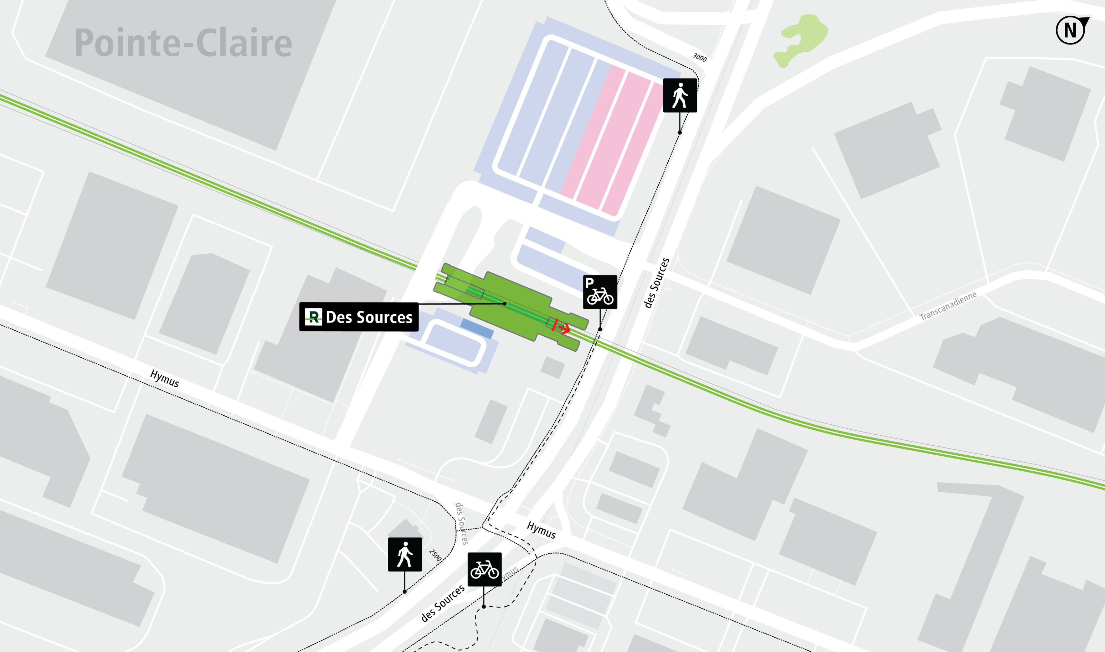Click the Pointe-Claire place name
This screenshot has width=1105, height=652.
183,43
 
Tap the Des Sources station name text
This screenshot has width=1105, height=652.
369,317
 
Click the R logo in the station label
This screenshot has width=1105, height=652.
313,317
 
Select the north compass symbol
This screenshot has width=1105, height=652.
1071,30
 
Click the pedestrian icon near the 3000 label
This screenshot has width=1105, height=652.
679,96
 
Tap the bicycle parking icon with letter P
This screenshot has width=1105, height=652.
600,292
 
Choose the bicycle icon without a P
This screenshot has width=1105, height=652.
484,569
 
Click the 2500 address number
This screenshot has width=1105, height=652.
435,555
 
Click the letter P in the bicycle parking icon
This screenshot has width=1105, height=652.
590,283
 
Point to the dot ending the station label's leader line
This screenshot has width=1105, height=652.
505,304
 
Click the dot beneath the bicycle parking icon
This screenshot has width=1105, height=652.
600,329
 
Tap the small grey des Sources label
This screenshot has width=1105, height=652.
461,524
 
